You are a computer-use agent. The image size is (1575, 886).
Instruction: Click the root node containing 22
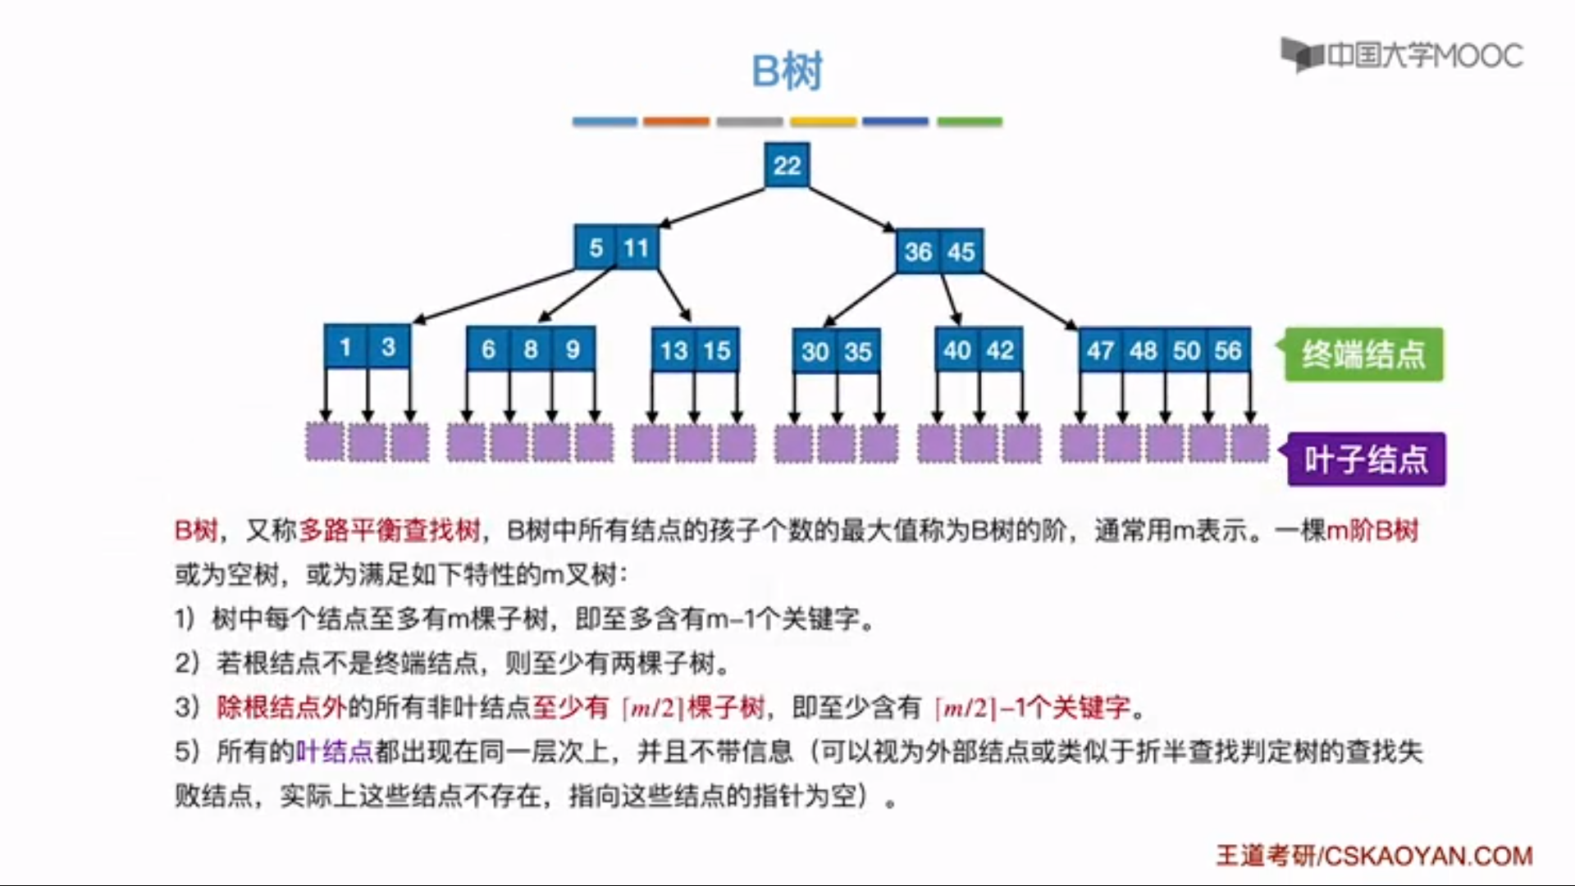point(787,165)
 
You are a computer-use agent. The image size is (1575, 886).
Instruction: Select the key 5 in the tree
point(596,248)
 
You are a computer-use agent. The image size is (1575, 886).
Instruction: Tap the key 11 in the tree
point(637,248)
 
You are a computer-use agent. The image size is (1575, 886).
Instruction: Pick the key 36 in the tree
point(918,252)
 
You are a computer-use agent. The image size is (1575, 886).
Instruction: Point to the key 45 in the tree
point(961,252)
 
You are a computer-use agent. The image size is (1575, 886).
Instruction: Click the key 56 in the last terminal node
point(1228,351)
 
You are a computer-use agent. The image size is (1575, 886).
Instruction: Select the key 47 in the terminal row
point(1101,351)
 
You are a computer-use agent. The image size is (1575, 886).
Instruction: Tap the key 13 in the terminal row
point(674,351)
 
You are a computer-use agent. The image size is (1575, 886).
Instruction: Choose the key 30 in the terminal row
point(815,352)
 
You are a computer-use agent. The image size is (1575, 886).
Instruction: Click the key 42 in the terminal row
point(1000,351)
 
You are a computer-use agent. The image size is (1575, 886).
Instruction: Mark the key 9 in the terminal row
point(573,349)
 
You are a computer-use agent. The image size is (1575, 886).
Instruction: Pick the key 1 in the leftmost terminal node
point(346,347)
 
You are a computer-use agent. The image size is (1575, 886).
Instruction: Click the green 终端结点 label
point(1363,354)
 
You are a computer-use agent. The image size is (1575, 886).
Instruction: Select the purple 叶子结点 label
point(1367,459)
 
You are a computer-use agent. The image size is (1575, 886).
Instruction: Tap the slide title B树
point(787,71)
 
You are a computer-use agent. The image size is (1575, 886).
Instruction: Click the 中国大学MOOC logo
point(1403,56)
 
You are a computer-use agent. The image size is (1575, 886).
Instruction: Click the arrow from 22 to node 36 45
point(851,209)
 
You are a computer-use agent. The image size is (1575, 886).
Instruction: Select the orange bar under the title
point(676,121)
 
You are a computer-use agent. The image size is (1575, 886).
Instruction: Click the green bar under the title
point(970,121)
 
